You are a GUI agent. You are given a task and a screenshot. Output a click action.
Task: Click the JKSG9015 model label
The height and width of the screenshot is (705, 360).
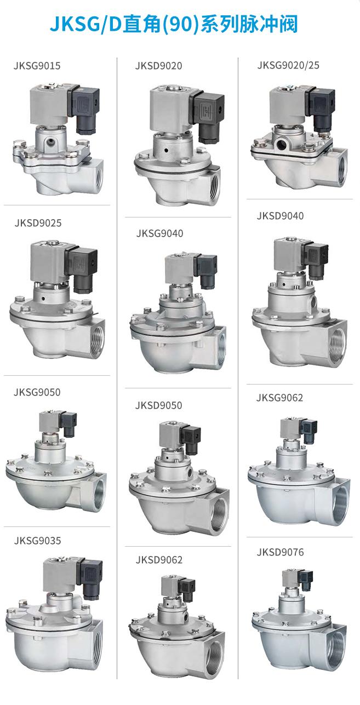coord(37,66)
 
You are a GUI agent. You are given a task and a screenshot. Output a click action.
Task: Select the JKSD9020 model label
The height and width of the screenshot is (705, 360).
coord(159,66)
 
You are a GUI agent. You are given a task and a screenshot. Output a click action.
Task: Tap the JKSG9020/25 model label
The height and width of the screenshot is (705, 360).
coord(288,65)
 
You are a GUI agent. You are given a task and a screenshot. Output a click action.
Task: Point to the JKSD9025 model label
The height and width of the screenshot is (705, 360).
coord(38,223)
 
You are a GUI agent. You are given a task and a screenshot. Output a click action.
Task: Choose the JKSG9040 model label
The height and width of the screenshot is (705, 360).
coord(159,233)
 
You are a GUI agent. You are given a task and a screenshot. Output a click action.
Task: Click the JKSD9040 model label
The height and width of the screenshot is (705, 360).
coord(281,216)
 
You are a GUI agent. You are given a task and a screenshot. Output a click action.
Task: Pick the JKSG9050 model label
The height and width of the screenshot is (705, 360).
coord(37,392)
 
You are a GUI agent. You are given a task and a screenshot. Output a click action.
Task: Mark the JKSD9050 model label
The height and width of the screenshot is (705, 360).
coord(159,405)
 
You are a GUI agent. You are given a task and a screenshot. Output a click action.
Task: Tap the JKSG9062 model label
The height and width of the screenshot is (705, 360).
coord(279,398)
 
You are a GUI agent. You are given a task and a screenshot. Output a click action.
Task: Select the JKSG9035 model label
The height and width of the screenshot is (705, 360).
coord(37,541)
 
